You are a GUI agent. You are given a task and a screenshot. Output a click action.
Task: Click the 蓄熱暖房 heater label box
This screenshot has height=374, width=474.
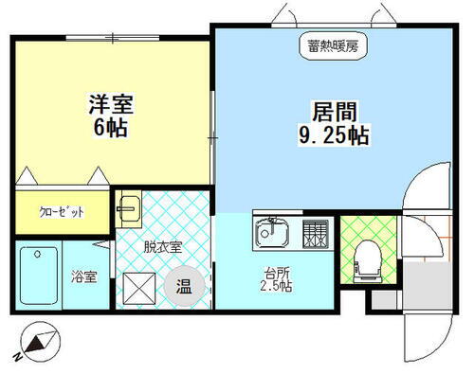(x=331, y=45)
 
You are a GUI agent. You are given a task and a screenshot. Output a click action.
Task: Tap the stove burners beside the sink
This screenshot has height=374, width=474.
(x=314, y=231)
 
